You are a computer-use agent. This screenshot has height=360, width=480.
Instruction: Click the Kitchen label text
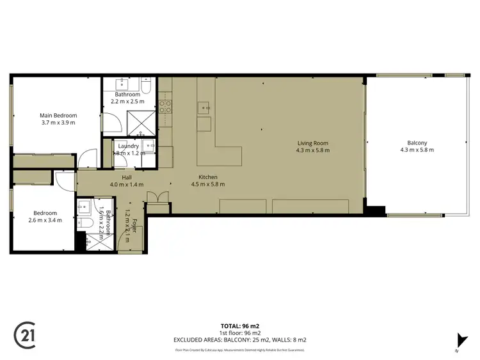pos(208,177)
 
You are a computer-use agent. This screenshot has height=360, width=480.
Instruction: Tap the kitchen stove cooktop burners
pos(165,106)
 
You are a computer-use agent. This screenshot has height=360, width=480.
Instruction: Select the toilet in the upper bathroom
pos(147,85)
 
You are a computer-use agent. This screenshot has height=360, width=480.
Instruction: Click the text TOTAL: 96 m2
pos(240,326)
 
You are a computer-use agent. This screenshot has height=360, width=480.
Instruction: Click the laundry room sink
pos(150,146)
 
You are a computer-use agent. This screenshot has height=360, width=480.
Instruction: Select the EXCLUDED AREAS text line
pos(240,340)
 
